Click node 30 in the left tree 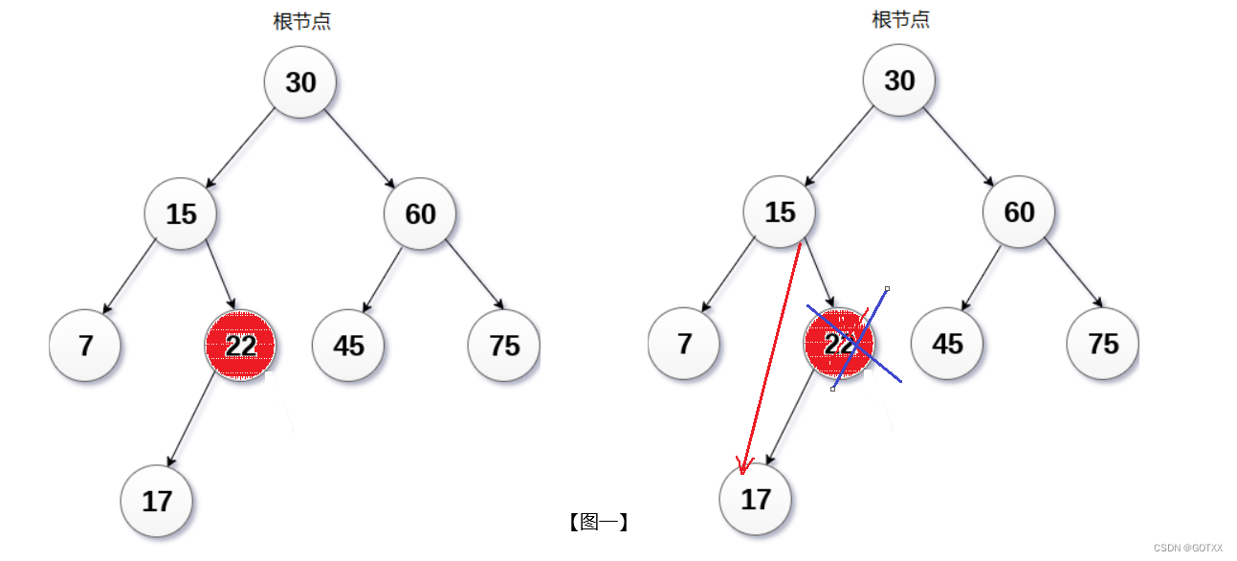[300, 82]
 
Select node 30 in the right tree [899, 80]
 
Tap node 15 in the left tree [181, 213]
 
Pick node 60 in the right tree [1019, 212]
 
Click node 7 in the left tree [85, 345]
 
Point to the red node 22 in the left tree [240, 345]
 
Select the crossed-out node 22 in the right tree [839, 344]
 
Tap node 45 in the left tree [348, 345]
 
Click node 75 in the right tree [1103, 344]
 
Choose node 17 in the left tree [157, 501]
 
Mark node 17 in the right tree [756, 499]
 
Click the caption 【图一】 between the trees [598, 522]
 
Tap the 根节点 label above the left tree [302, 22]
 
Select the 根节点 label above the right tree [901, 20]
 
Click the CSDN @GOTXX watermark [1188, 548]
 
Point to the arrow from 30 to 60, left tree [361, 148]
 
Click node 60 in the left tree [420, 213]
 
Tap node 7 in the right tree [684, 344]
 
